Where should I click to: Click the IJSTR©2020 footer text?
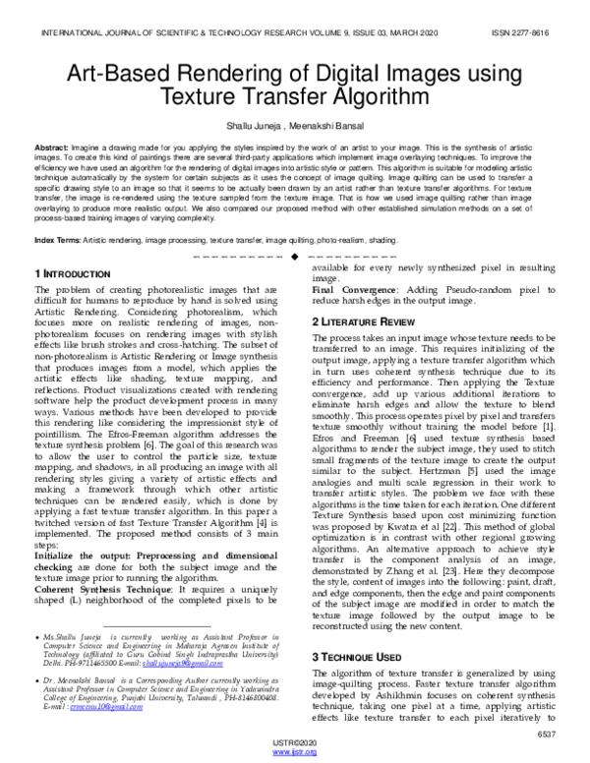point(294,742)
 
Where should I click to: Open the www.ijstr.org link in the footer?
point(294,752)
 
